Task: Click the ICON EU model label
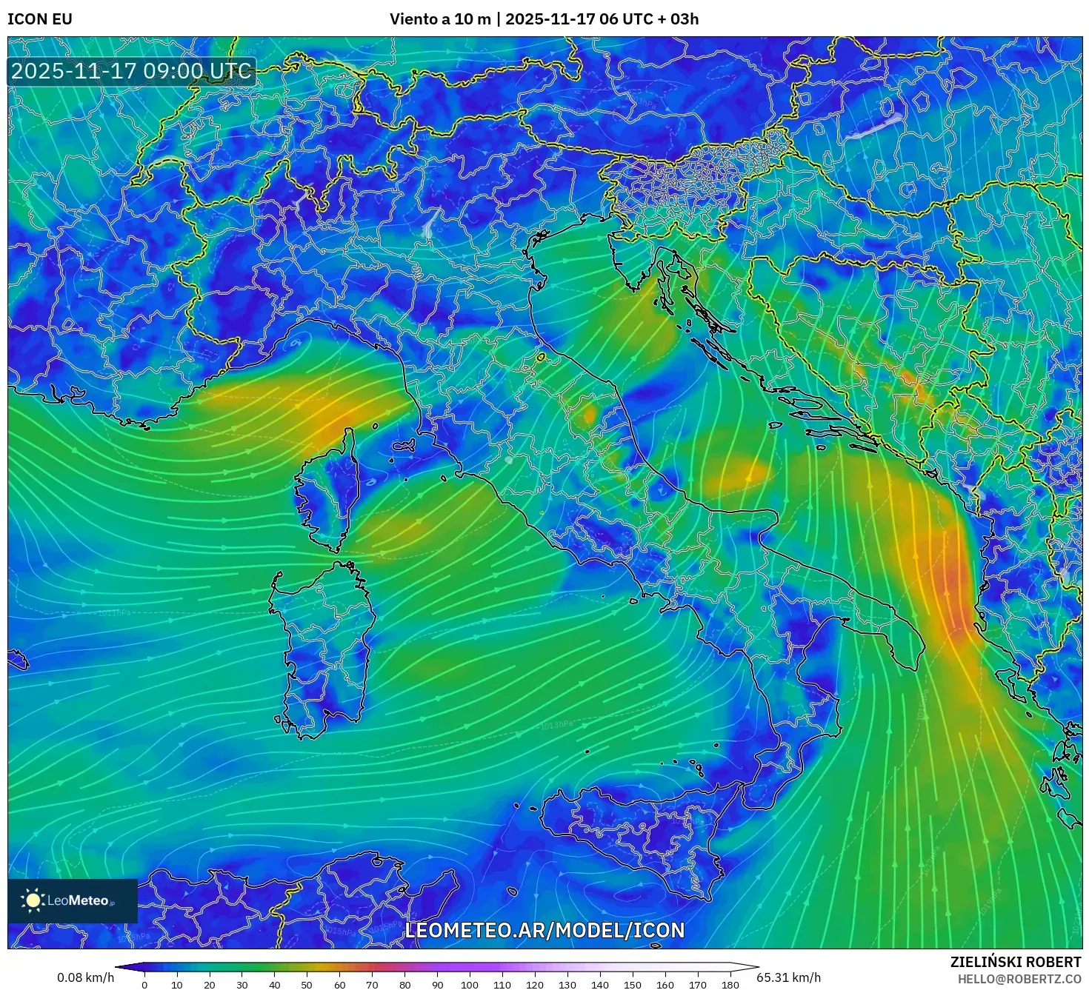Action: [x=40, y=19]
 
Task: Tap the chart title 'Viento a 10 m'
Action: [x=440, y=19]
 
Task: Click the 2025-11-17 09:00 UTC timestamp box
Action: [x=132, y=71]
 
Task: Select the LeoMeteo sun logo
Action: [x=33, y=900]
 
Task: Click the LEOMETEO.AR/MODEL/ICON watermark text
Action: [x=544, y=930]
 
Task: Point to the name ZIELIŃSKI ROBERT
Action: [x=1016, y=962]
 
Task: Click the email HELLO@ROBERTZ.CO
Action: [x=1019, y=979]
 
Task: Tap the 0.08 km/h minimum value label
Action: [x=86, y=977]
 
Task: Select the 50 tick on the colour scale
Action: [x=307, y=985]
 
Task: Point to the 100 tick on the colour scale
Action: [x=470, y=985]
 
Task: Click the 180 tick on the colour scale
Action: [x=730, y=985]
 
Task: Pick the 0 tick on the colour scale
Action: [x=144, y=985]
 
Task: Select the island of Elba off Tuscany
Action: [x=404, y=446]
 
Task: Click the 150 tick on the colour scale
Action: [x=633, y=985]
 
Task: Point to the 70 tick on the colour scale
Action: [x=372, y=985]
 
